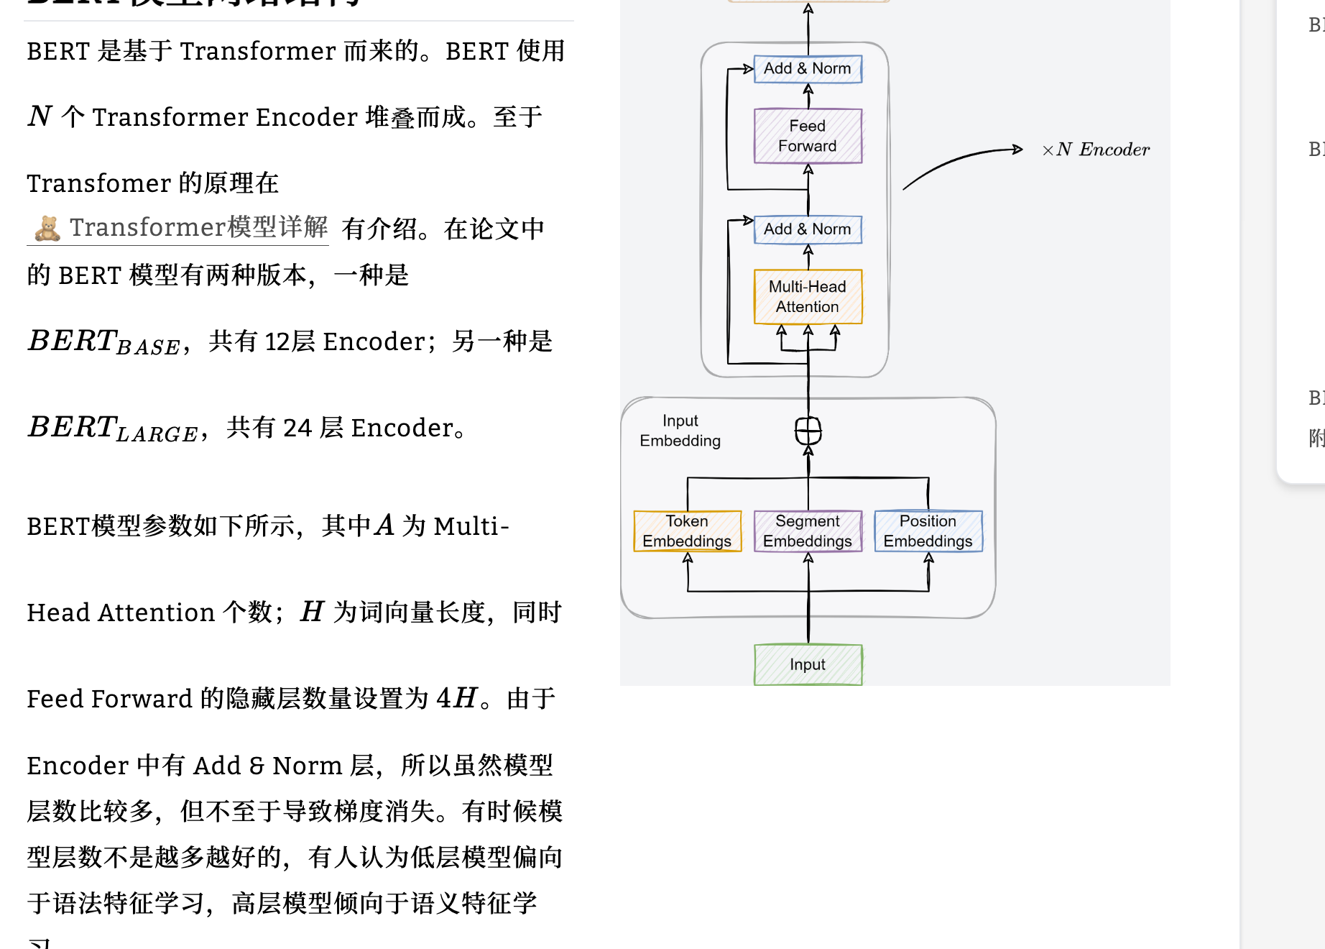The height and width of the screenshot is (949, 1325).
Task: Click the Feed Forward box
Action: pyautogui.click(x=808, y=136)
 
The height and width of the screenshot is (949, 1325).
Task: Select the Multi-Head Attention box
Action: pyautogui.click(x=808, y=296)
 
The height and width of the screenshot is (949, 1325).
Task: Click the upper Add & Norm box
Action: pyautogui.click(x=808, y=69)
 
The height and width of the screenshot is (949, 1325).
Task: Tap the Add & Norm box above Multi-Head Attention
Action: pyautogui.click(x=808, y=229)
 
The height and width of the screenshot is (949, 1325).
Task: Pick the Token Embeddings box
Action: pyautogui.click(x=687, y=531)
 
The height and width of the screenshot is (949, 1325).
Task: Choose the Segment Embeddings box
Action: pyautogui.click(x=808, y=531)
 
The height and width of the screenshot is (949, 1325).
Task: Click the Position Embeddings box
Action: pyautogui.click(x=928, y=531)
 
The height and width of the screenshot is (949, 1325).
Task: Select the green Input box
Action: pyautogui.click(x=808, y=664)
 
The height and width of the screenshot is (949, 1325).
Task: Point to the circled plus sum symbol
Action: pyautogui.click(x=808, y=431)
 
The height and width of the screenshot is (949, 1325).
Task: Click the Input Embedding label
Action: pyautogui.click(x=680, y=431)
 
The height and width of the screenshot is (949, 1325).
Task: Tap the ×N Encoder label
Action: pyautogui.click(x=1096, y=150)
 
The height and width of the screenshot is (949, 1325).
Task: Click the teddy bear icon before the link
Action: pyautogui.click(x=47, y=228)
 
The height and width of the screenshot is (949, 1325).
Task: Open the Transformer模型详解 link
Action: pyautogui.click(x=198, y=227)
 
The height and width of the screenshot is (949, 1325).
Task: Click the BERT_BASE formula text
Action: pyautogui.click(x=103, y=341)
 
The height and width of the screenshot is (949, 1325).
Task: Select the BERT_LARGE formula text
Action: pyautogui.click(x=112, y=428)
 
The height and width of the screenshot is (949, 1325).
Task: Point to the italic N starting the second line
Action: pyautogui.click(x=40, y=116)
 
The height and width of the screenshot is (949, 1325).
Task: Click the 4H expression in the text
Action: pyautogui.click(x=456, y=698)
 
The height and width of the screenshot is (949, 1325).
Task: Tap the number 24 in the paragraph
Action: pyautogui.click(x=297, y=428)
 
